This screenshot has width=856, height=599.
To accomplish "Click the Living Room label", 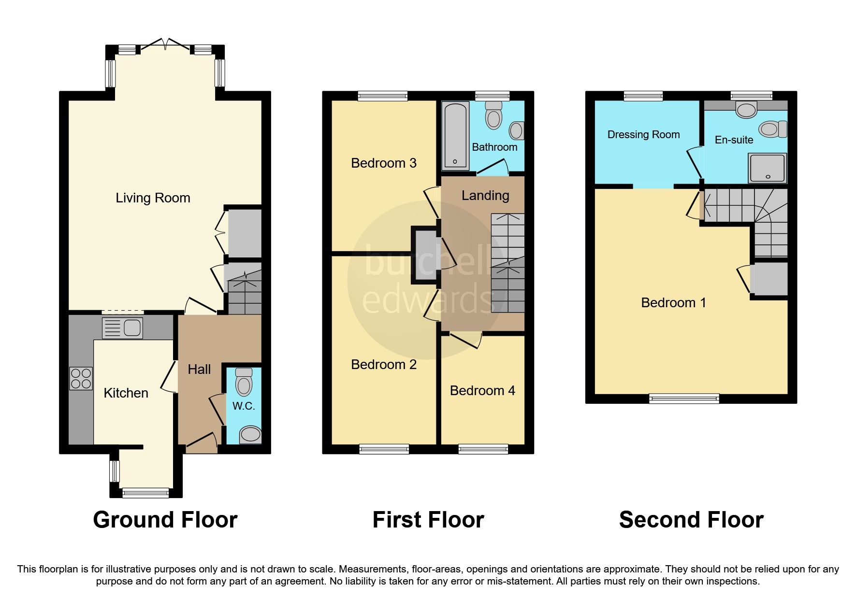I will (x=153, y=198).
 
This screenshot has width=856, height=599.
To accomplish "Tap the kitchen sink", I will (x=122, y=328).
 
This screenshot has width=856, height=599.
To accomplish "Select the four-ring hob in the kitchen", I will (x=81, y=378).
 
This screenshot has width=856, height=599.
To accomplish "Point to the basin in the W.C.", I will (x=250, y=434).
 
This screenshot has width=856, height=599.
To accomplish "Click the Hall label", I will (x=199, y=370).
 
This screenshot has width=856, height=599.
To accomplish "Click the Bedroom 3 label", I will (x=383, y=163).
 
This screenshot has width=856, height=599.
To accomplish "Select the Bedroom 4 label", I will (x=482, y=391).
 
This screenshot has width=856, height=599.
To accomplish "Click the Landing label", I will (x=485, y=196).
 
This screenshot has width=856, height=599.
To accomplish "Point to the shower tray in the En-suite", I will (x=767, y=168).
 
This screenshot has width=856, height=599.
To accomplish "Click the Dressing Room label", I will (x=643, y=135).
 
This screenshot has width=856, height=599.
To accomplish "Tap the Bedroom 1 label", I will (x=673, y=303).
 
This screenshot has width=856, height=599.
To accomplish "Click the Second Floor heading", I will (x=691, y=520).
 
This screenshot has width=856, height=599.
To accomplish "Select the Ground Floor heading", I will (x=165, y=520).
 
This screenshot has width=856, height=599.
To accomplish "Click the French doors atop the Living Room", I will (x=165, y=46).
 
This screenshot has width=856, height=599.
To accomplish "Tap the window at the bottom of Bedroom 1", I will (x=683, y=399).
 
